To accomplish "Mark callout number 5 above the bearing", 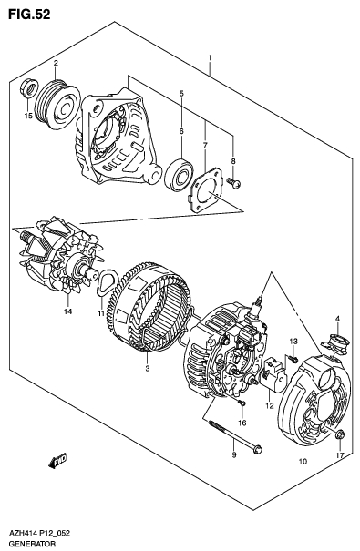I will click(x=181, y=94).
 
